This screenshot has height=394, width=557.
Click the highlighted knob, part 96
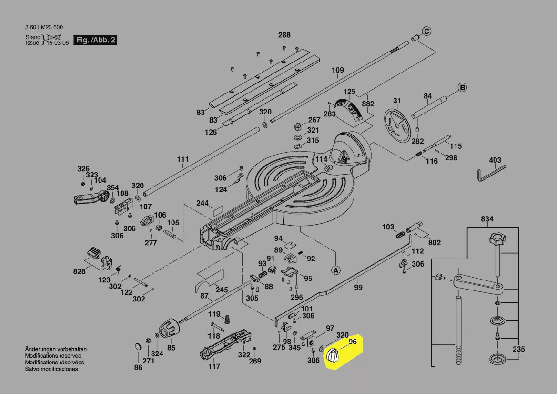333,356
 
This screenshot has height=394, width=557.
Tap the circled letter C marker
427,31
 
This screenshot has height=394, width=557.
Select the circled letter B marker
462,87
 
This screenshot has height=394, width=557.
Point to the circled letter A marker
336,270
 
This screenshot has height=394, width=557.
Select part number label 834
487,219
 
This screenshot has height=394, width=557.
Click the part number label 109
337,70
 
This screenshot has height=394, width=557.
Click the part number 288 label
284,35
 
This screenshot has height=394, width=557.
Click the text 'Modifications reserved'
53,356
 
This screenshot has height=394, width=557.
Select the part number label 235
518,349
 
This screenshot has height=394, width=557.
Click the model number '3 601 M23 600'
44,27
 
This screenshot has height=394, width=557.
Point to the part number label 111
183,159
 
